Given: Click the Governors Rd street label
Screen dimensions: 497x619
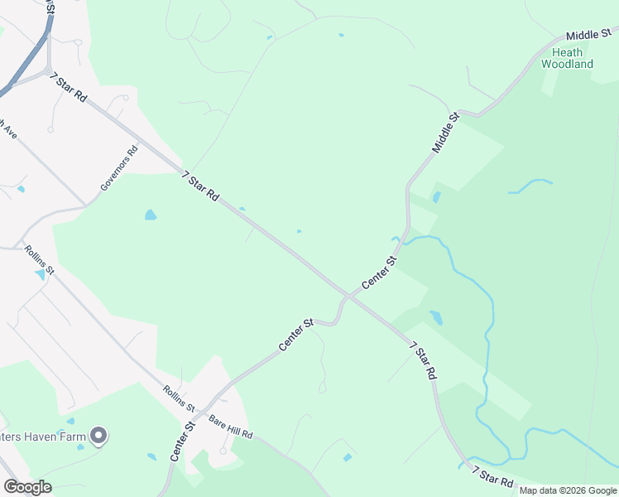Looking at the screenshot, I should point(118,170).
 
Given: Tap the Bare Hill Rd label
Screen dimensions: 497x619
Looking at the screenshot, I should point(230,427).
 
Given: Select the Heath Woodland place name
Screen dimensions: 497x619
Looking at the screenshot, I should point(567,58).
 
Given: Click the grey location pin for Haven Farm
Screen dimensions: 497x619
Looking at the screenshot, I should point(99,435).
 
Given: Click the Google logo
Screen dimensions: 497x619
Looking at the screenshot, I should point(26,487).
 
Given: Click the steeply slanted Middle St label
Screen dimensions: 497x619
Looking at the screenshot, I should point(445,133).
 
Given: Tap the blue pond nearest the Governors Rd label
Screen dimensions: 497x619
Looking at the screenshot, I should point(150,215).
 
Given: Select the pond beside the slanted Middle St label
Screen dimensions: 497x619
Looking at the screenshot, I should point(436,198).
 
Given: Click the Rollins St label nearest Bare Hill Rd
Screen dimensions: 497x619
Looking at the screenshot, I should point(178,399).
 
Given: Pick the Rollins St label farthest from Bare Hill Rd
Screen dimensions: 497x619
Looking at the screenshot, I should point(39,258).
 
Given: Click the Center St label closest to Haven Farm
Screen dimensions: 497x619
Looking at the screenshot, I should point(181,442).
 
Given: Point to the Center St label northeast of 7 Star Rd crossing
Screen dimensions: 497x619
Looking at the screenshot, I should point(380,273).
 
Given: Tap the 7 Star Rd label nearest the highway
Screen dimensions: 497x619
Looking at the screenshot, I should point(69,87).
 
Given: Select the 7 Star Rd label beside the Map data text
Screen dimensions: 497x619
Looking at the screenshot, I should point(492,476).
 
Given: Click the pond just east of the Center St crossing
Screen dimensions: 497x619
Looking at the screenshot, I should point(436,318).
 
